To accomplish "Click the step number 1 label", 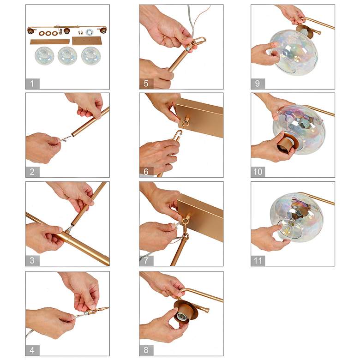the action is coord(32,84).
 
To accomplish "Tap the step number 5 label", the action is coord(146,84).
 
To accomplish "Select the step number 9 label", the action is coord(258,84).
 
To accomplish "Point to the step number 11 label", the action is coord(258,261).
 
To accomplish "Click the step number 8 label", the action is coord(146,350).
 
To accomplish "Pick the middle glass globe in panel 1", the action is coord(67,55).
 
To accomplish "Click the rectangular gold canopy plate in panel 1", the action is coord(87,41).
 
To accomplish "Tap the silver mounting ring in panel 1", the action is coord(89,32).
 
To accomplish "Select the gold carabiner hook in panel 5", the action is coord(198,42).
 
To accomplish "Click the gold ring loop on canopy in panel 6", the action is coord(185,122).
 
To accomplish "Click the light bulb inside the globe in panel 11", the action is coord(289,229).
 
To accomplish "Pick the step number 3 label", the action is coord(32,261).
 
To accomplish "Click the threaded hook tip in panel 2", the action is coord(66,138).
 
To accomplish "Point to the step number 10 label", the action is coord(258,172).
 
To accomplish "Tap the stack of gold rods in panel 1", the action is coord(50,42).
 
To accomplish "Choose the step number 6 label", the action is coord(146,172).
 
